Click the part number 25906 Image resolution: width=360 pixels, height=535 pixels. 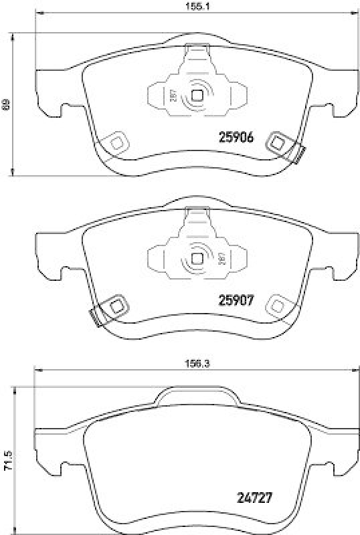236,137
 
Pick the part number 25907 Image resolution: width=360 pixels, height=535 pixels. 236,300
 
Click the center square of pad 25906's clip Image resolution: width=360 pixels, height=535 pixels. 197,95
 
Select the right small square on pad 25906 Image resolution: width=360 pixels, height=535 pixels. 277,142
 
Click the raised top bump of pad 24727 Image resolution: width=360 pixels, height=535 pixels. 197,397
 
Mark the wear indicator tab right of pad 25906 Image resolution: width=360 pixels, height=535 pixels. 298,154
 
